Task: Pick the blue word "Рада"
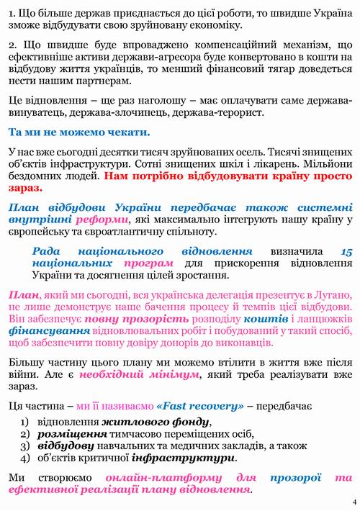[48, 251]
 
